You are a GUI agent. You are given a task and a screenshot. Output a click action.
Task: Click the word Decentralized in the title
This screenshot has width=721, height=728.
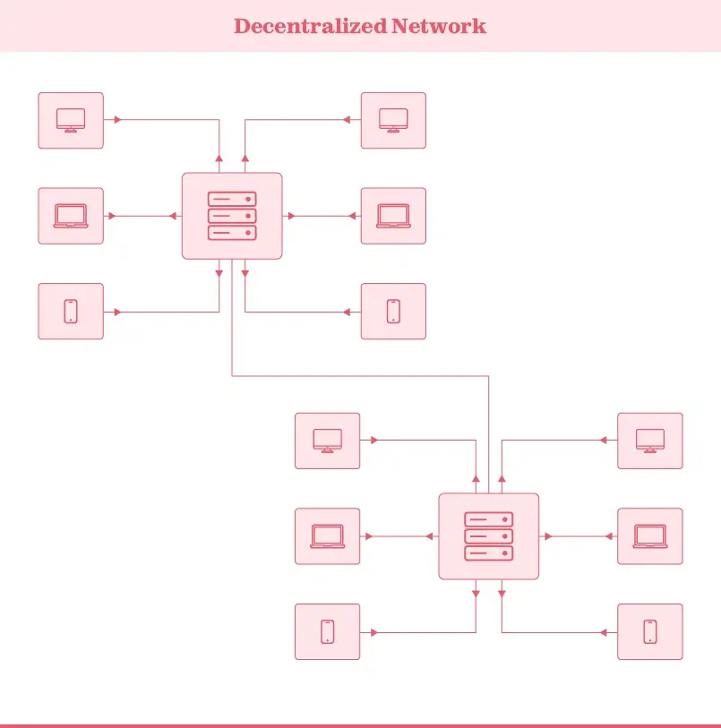tap(310, 26)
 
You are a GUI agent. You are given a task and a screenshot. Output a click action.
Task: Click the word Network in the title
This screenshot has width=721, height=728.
tap(439, 26)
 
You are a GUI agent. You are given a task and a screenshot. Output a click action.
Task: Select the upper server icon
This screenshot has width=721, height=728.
tap(232, 216)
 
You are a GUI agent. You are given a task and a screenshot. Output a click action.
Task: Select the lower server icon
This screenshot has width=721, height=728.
tap(488, 536)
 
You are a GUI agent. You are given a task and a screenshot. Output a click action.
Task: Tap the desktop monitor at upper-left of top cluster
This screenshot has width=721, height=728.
tap(71, 120)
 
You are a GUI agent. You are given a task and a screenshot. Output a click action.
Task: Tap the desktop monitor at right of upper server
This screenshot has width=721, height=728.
tap(393, 120)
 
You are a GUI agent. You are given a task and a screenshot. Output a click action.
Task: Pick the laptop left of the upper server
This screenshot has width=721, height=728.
tap(71, 216)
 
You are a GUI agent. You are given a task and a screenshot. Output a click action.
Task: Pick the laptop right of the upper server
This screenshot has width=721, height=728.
tap(393, 216)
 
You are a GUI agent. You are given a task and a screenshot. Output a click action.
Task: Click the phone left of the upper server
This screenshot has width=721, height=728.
tap(71, 312)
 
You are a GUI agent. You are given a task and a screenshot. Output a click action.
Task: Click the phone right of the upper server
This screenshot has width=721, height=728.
tap(393, 312)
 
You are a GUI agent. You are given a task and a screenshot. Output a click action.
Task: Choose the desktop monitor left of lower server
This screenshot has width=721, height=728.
tap(327, 441)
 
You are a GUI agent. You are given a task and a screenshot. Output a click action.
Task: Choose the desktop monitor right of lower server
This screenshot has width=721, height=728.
tap(650, 441)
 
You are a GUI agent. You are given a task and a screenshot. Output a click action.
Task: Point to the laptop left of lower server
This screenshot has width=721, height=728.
tap(327, 536)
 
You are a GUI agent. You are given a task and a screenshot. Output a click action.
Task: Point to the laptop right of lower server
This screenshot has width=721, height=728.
tap(650, 536)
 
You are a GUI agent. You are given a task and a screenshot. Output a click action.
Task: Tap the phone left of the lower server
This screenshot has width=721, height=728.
tap(327, 631)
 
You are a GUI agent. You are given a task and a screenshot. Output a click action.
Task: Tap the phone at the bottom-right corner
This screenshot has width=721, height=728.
tap(650, 631)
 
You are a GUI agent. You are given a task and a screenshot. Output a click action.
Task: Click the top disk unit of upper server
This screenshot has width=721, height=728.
tap(232, 199)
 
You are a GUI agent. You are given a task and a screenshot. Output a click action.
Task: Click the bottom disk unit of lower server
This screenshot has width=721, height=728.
tap(488, 553)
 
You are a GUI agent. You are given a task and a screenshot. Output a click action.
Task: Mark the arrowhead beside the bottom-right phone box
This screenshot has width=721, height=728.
tap(605, 632)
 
